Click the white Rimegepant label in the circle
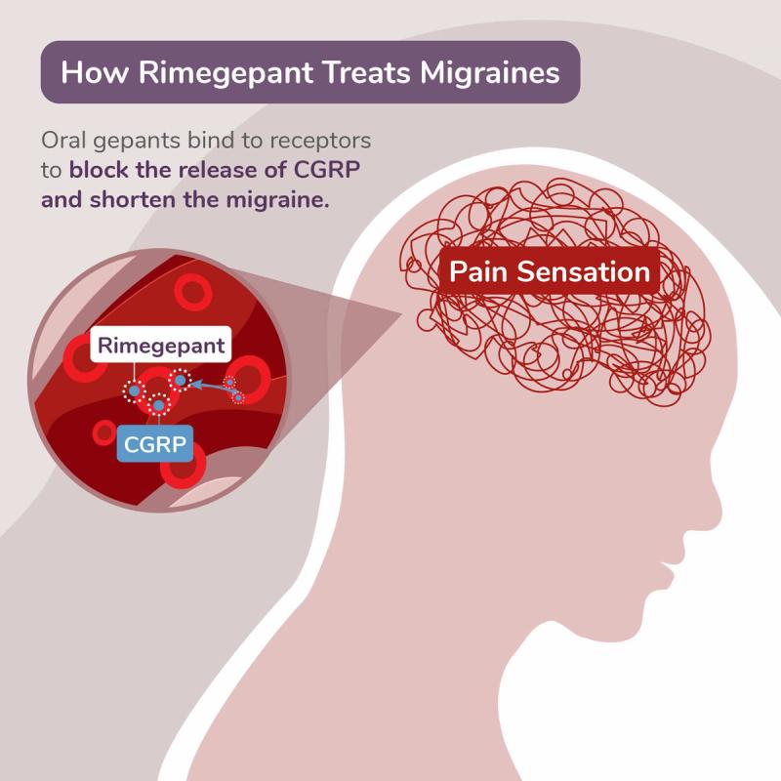coord(161,346)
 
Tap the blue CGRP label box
coord(153,445)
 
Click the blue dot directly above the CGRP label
coord(158,404)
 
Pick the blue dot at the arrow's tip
coord(181,380)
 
